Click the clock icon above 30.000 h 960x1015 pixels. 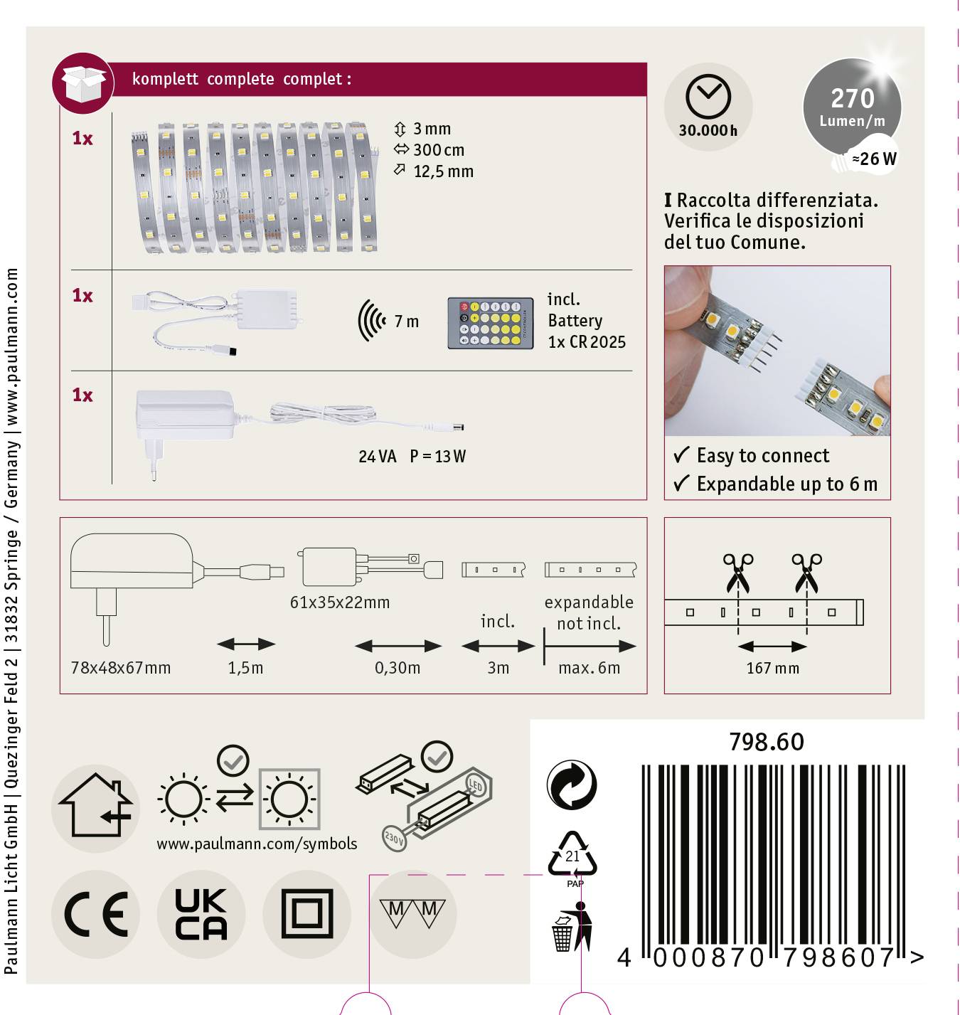[x=708, y=96]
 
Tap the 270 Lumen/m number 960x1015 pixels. [x=852, y=98]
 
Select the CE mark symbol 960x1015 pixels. [x=96, y=914]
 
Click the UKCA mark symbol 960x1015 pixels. [x=201, y=914]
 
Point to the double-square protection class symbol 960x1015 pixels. [x=306, y=914]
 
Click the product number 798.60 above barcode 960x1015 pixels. [x=766, y=743]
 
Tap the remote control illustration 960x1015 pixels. [x=490, y=323]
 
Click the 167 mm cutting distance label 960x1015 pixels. [x=772, y=669]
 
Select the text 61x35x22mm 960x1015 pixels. [x=340, y=602]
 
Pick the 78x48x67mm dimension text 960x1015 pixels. [x=121, y=668]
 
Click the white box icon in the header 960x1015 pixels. [x=83, y=83]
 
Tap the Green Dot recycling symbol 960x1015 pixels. [x=572, y=785]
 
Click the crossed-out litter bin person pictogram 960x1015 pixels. [x=572, y=927]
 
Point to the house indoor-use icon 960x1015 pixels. [x=96, y=807]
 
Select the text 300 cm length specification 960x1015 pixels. [x=438, y=150]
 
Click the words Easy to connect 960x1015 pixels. [x=762, y=455]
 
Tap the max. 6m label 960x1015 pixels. [x=589, y=669]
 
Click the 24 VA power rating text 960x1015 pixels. [x=377, y=457]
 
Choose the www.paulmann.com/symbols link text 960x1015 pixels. [x=257, y=844]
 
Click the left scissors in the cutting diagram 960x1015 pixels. [x=737, y=573]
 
